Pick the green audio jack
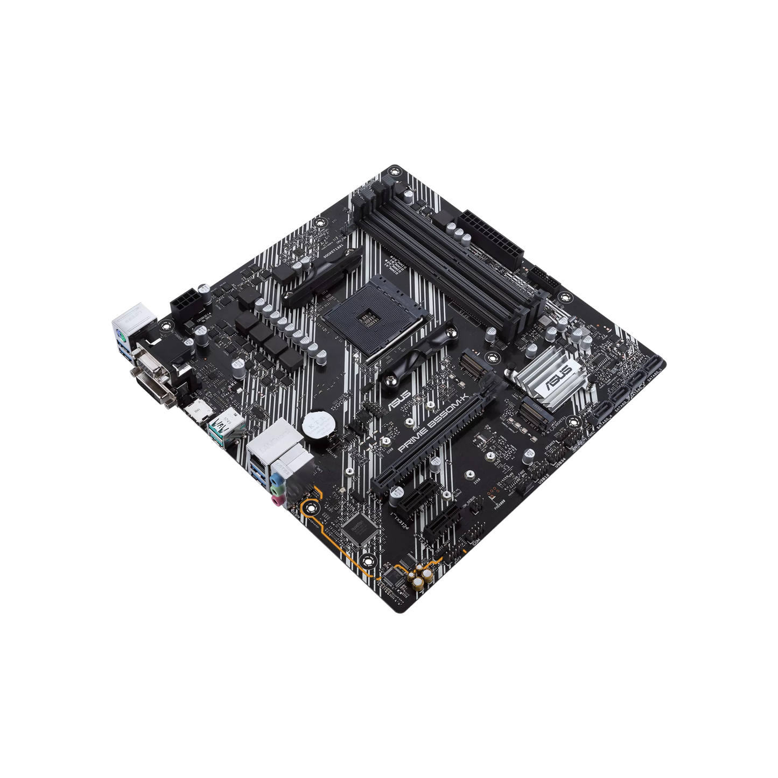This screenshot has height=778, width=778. pyautogui.click(x=276, y=489)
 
